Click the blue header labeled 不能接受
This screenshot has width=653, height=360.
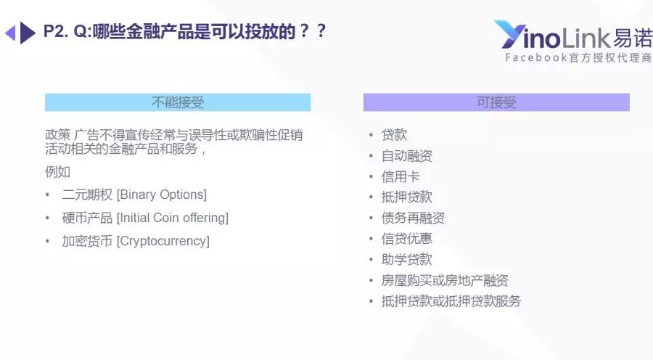[x=178, y=102]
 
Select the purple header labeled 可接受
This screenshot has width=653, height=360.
[x=496, y=102]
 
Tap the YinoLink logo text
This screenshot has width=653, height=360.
[x=573, y=35]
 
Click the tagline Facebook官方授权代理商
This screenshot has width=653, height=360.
[x=578, y=57]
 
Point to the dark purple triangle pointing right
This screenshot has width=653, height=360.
[x=28, y=33]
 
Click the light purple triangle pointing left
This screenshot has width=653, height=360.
[x=10, y=33]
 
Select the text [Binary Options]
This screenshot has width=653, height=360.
[x=162, y=195]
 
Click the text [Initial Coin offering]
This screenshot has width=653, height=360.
[x=173, y=218]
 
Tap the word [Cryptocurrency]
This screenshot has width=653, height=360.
[x=163, y=241]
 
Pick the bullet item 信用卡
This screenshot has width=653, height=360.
[x=401, y=176]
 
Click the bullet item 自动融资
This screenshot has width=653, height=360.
[x=406, y=156]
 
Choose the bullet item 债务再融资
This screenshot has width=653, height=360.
[x=413, y=218]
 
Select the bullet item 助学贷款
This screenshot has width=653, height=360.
[x=406, y=259]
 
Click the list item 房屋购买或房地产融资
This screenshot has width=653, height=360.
[x=444, y=280]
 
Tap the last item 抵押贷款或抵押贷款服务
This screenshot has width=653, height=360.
[x=451, y=300]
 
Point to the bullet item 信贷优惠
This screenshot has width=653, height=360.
[x=406, y=239]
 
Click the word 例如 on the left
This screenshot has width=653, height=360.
[x=57, y=172]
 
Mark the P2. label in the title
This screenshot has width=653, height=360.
[x=56, y=31]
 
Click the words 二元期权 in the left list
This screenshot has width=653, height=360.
[x=87, y=195]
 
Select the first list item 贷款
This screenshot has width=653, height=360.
[x=394, y=135]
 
